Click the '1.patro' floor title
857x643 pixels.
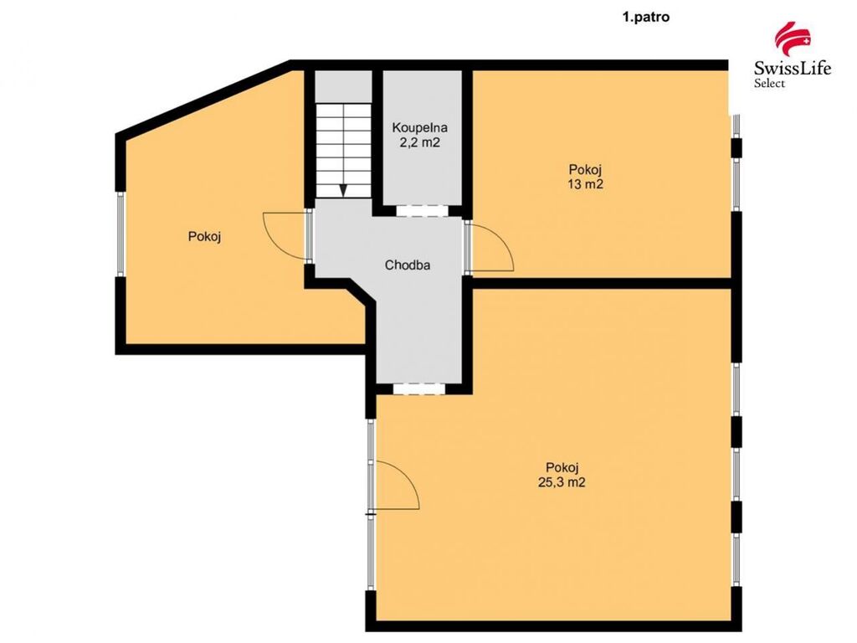pyautogui.click(x=646, y=17)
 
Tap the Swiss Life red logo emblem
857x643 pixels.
pyautogui.click(x=793, y=41)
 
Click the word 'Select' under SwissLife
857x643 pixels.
pyautogui.click(x=770, y=83)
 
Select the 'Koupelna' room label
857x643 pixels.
pyautogui.click(x=420, y=127)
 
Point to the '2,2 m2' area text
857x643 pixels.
pyautogui.click(x=420, y=142)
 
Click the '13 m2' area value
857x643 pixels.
pyautogui.click(x=585, y=184)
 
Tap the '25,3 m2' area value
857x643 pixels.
pyautogui.click(x=562, y=482)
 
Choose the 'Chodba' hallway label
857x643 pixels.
pyautogui.click(x=408, y=265)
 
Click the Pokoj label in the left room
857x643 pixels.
pyautogui.click(x=204, y=237)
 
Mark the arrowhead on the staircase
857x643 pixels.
pyautogui.click(x=343, y=190)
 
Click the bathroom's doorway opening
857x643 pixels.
pyautogui.click(x=422, y=210)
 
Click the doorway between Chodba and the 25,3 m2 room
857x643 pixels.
pyautogui.click(x=419, y=388)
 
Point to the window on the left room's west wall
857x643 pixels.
pyautogui.click(x=121, y=234)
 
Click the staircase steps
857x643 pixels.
pyautogui.click(x=343, y=151)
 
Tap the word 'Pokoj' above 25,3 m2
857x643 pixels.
pyautogui.click(x=562, y=467)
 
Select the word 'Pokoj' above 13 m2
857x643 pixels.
pyautogui.click(x=585, y=169)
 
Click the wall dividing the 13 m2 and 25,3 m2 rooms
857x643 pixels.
pyautogui.click(x=602, y=283)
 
